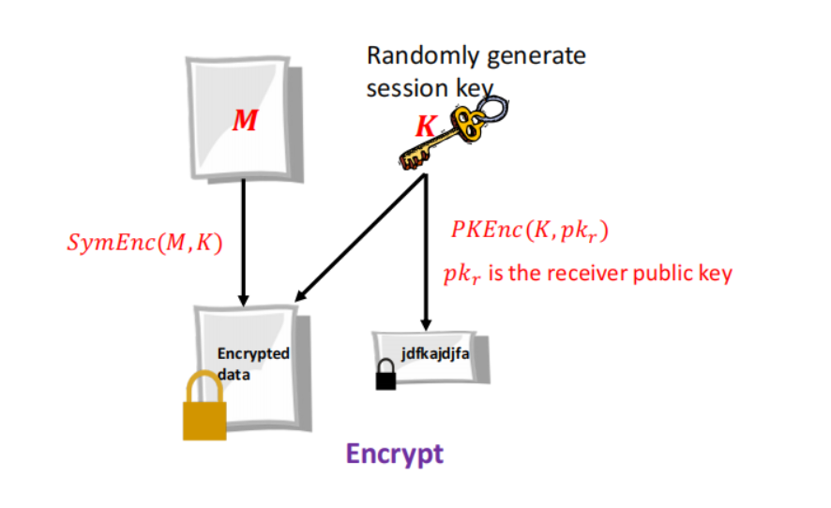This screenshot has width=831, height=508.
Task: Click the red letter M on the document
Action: (x=245, y=121)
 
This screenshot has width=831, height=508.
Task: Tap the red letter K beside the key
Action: (x=425, y=127)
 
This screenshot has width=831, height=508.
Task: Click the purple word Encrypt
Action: (x=394, y=455)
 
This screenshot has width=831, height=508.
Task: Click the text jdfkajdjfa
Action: (x=434, y=353)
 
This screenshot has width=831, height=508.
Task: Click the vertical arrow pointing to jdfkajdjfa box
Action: (x=427, y=253)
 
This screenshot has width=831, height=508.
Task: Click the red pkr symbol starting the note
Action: (x=462, y=276)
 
